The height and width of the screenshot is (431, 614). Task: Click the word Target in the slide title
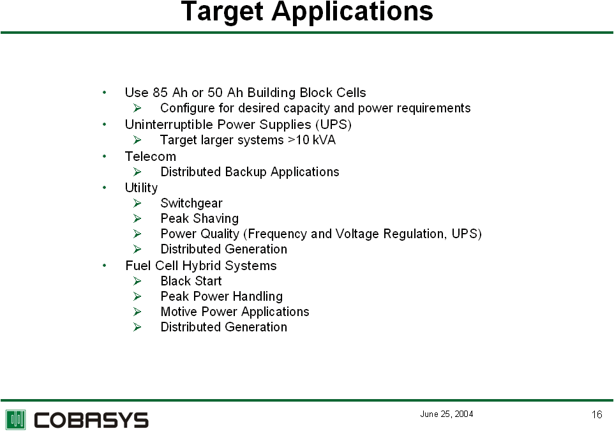pos(222,11)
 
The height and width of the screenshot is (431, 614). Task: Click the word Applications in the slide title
pos(352,11)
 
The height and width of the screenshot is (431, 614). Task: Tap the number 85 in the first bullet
pos(160,93)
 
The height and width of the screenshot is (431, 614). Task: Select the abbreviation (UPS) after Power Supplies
pos(333,125)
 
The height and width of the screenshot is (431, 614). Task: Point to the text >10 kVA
pos(311,140)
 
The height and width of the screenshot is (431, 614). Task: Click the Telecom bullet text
pos(151,156)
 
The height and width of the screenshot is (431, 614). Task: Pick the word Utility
pos(141,188)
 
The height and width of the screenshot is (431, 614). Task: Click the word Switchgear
pos(191,203)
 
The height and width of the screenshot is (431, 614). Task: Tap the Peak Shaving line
pos(200,218)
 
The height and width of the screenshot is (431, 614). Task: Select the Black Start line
pos(191,281)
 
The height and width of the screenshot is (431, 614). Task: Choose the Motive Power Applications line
pos(235,312)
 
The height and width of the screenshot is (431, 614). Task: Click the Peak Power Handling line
pos(221,296)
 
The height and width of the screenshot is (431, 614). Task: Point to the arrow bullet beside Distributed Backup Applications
pos(137,172)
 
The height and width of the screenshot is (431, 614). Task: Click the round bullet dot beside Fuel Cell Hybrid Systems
pos(104,266)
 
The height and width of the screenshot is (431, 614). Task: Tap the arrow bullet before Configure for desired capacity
pos(137,108)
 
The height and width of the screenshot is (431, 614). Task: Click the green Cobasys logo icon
pos(16,420)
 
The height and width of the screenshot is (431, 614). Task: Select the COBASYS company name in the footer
pos(91,420)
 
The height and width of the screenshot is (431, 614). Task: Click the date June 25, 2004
pos(446,414)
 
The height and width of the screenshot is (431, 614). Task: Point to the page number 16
pos(597,414)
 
